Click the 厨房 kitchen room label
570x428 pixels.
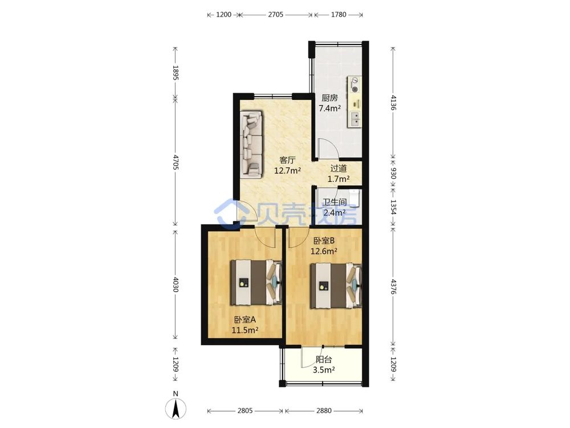[x=329, y=98]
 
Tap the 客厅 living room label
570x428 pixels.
[x=287, y=160]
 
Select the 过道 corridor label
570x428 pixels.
[x=339, y=168]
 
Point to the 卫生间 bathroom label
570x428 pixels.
[x=335, y=202]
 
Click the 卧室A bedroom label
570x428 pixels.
[x=245, y=320]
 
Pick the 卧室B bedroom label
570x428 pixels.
[x=324, y=241]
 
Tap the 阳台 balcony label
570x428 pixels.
[x=324, y=360]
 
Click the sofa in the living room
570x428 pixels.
[x=251, y=144]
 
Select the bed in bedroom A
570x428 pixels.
[x=256, y=282]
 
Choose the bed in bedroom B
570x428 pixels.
[x=336, y=286]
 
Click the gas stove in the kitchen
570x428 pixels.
[x=355, y=85]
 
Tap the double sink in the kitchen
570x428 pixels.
[x=355, y=119]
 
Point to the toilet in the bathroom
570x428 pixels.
[x=354, y=197]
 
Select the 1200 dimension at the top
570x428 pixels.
[x=223, y=15]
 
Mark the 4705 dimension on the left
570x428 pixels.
[x=176, y=162]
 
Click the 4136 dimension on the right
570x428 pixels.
[x=393, y=103]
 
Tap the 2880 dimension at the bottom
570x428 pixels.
[x=324, y=411]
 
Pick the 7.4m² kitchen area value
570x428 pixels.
[x=329, y=108]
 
